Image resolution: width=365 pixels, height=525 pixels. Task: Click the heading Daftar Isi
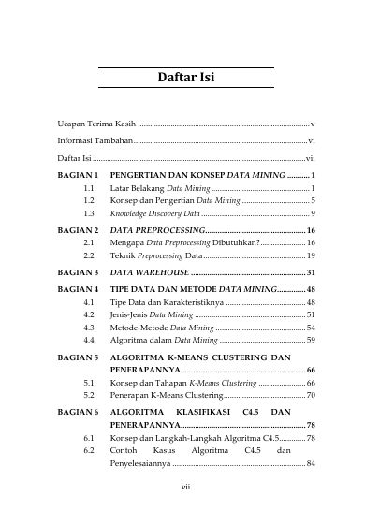pyautogui.click(x=185, y=77)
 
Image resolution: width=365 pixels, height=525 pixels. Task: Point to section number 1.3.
pyautogui.click(x=90, y=214)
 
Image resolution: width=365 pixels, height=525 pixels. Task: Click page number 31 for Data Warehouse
pyautogui.click(x=310, y=271)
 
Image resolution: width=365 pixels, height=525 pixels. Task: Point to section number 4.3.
pyautogui.click(x=90, y=328)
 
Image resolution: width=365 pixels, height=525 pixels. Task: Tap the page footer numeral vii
pyautogui.click(x=185, y=486)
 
